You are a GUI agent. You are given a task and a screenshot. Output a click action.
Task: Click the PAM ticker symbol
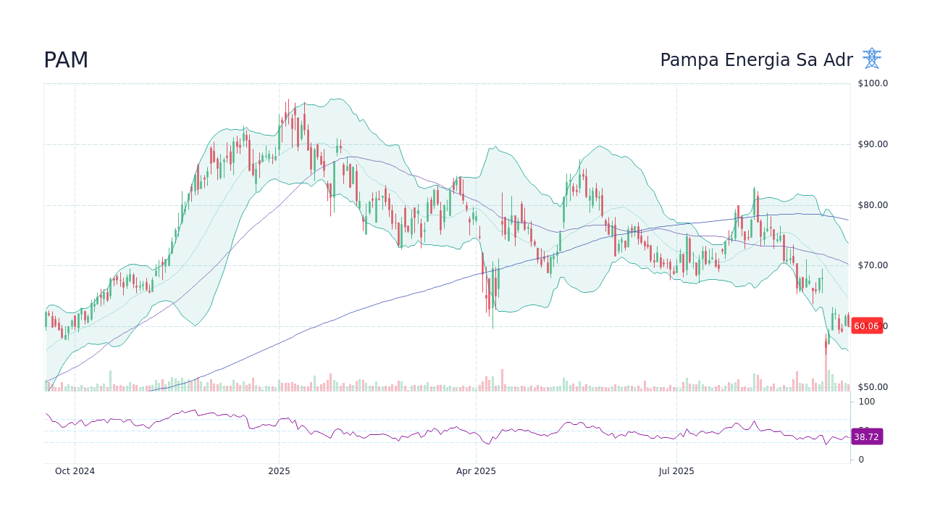pos(66,61)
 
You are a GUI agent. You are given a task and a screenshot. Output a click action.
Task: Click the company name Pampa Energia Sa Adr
pos(756,61)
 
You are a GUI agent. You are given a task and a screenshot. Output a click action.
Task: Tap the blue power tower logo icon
pos(871,59)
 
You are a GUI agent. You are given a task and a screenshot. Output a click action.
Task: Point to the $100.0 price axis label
pos(873,83)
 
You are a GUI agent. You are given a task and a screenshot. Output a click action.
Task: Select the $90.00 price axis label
pos(873,144)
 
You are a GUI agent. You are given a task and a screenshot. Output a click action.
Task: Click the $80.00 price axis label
pos(873,205)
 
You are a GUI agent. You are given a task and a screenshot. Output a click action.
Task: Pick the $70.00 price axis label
pos(873,265)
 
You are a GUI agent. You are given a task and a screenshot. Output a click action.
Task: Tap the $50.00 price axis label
pos(873,387)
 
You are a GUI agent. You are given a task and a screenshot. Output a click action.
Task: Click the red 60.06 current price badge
pos(866,326)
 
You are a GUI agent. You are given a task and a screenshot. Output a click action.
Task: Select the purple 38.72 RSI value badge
pos(866,437)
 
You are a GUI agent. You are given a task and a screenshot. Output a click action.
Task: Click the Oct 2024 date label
pos(75,471)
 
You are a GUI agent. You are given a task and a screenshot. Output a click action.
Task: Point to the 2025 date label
pos(279,471)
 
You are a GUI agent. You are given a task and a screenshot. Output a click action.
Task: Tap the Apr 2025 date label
pos(476,471)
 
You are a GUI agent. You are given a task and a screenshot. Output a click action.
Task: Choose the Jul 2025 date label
pos(676,471)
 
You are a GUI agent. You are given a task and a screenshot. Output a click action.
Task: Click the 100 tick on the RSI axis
pos(867,402)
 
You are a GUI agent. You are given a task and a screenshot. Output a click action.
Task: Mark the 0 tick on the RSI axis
pos(861,460)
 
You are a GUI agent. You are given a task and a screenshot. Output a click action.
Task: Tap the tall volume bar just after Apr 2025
pos(502,380)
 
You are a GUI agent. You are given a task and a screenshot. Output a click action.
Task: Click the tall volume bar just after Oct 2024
pos(110,381)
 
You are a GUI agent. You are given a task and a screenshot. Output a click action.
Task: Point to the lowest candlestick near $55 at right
pos(826,344)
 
